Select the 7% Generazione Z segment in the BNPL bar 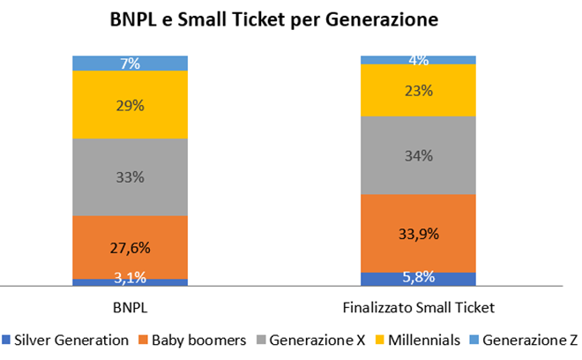click(x=130, y=63)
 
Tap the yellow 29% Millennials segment click(x=130, y=105)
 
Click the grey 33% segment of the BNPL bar click(x=130, y=176)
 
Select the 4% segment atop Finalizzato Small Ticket click(x=418, y=60)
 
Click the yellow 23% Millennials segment click(x=418, y=90)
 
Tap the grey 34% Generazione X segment click(x=418, y=155)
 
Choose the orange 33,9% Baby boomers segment click(x=418, y=234)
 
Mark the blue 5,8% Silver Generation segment click(x=418, y=278)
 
